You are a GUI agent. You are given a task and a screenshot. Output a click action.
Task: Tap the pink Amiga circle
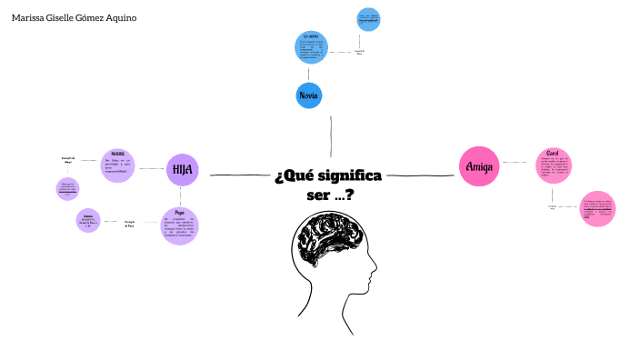tap(478, 166)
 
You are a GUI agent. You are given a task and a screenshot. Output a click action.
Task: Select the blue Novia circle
tap(309, 95)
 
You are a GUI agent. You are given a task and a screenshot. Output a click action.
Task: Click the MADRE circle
tap(117, 165)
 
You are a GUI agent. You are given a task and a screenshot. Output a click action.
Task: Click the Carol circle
tap(553, 165)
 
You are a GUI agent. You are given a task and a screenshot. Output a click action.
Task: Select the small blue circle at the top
tap(368, 19)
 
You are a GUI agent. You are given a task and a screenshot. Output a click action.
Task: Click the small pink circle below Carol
tap(597, 208)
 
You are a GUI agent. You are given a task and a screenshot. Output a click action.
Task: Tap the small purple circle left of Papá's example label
tap(88, 220)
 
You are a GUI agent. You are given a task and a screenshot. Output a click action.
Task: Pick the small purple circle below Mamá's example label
tap(68, 188)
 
